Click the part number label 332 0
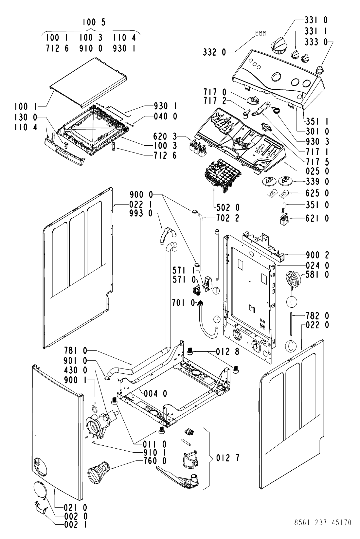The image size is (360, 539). click(x=214, y=52)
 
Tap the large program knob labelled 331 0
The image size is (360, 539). click(x=279, y=46)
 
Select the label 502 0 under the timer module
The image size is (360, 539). click(x=228, y=207)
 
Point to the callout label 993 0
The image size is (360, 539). click(x=141, y=213)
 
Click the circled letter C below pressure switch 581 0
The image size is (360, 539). click(x=292, y=302)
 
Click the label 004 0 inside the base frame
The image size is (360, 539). click(x=155, y=394)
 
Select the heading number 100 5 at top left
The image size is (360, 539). click(x=94, y=22)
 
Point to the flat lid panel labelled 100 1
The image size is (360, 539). click(x=89, y=82)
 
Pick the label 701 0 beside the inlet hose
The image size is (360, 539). click(x=183, y=303)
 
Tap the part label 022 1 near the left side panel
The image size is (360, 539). click(x=141, y=205)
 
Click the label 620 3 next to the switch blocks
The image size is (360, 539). click(x=165, y=136)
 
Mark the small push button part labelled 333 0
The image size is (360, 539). click(x=319, y=69)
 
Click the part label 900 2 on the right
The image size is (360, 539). click(x=317, y=255)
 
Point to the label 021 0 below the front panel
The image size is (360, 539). click(x=76, y=508)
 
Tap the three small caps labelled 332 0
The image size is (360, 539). click(x=261, y=33)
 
